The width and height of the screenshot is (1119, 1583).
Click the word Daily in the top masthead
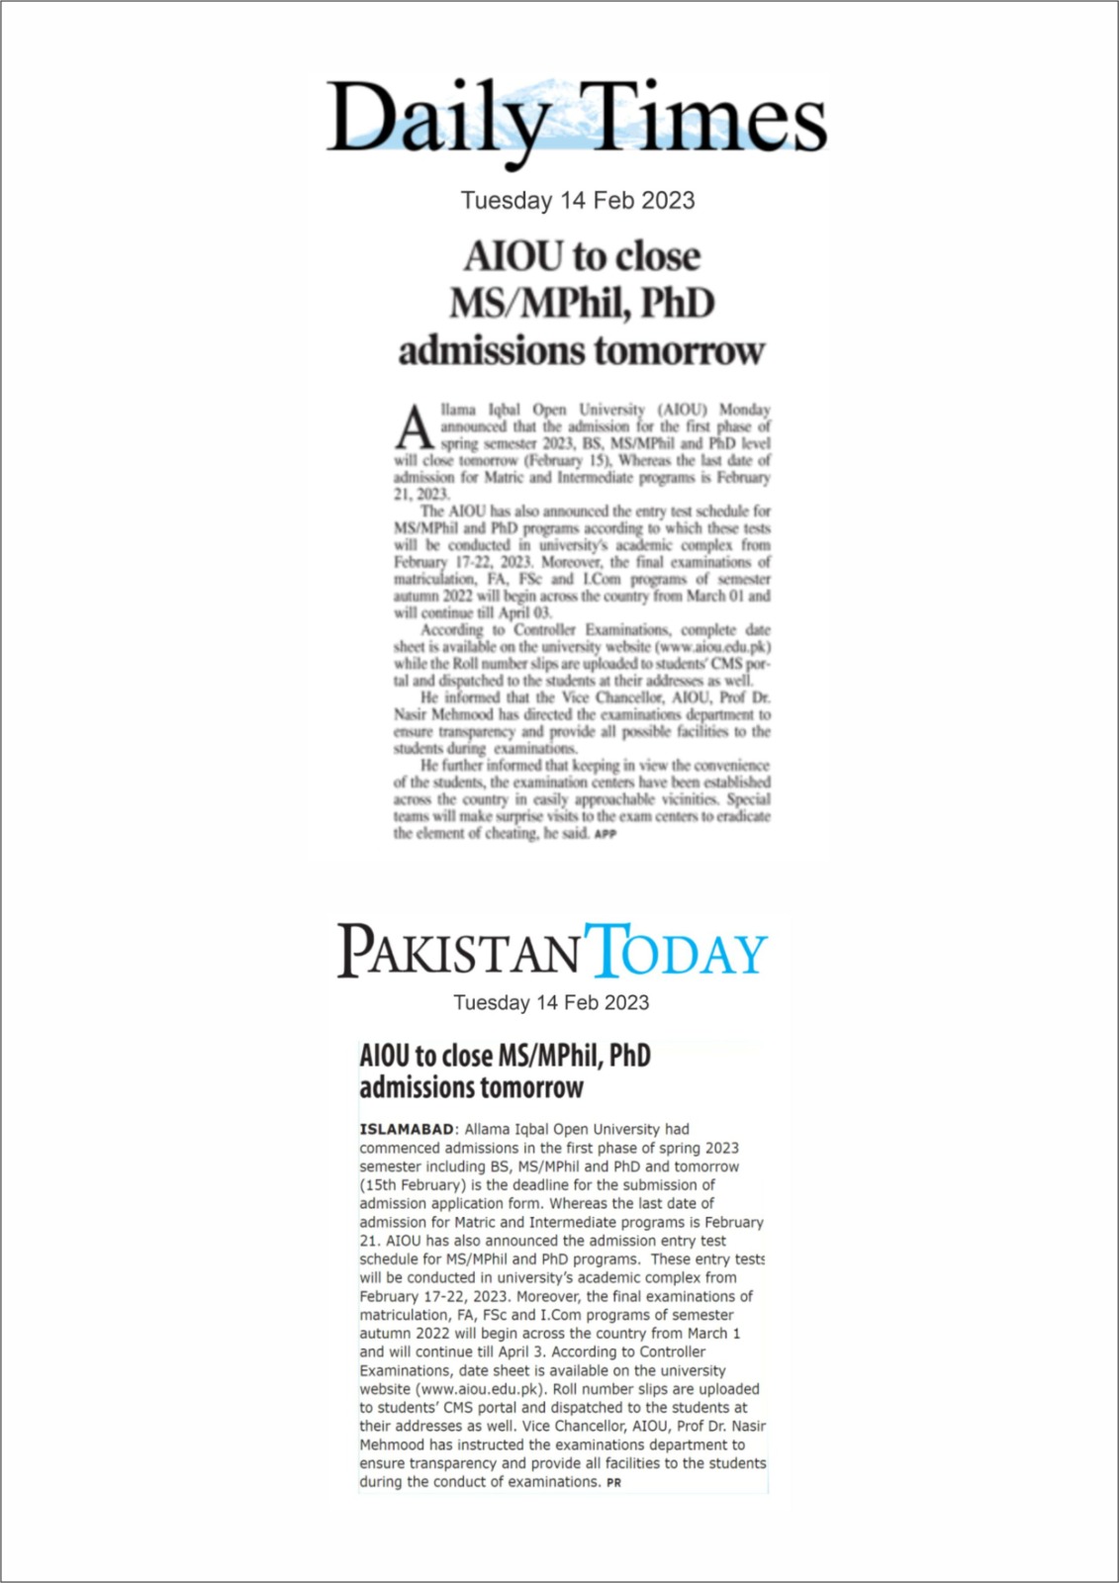[x=438, y=119]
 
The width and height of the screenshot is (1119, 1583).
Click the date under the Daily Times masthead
[x=578, y=201]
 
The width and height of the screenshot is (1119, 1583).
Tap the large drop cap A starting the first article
[x=415, y=427]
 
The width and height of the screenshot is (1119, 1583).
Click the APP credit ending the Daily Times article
[x=606, y=834]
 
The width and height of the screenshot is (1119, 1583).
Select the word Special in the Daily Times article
[x=748, y=798]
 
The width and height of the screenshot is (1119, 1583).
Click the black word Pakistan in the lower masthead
[x=457, y=952]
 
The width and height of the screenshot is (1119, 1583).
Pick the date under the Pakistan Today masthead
[x=551, y=1002]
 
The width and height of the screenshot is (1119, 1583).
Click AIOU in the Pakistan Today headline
[x=385, y=1056]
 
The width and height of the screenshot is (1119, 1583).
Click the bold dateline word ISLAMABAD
[x=407, y=1129]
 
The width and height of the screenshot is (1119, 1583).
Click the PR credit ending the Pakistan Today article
[x=613, y=1483]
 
